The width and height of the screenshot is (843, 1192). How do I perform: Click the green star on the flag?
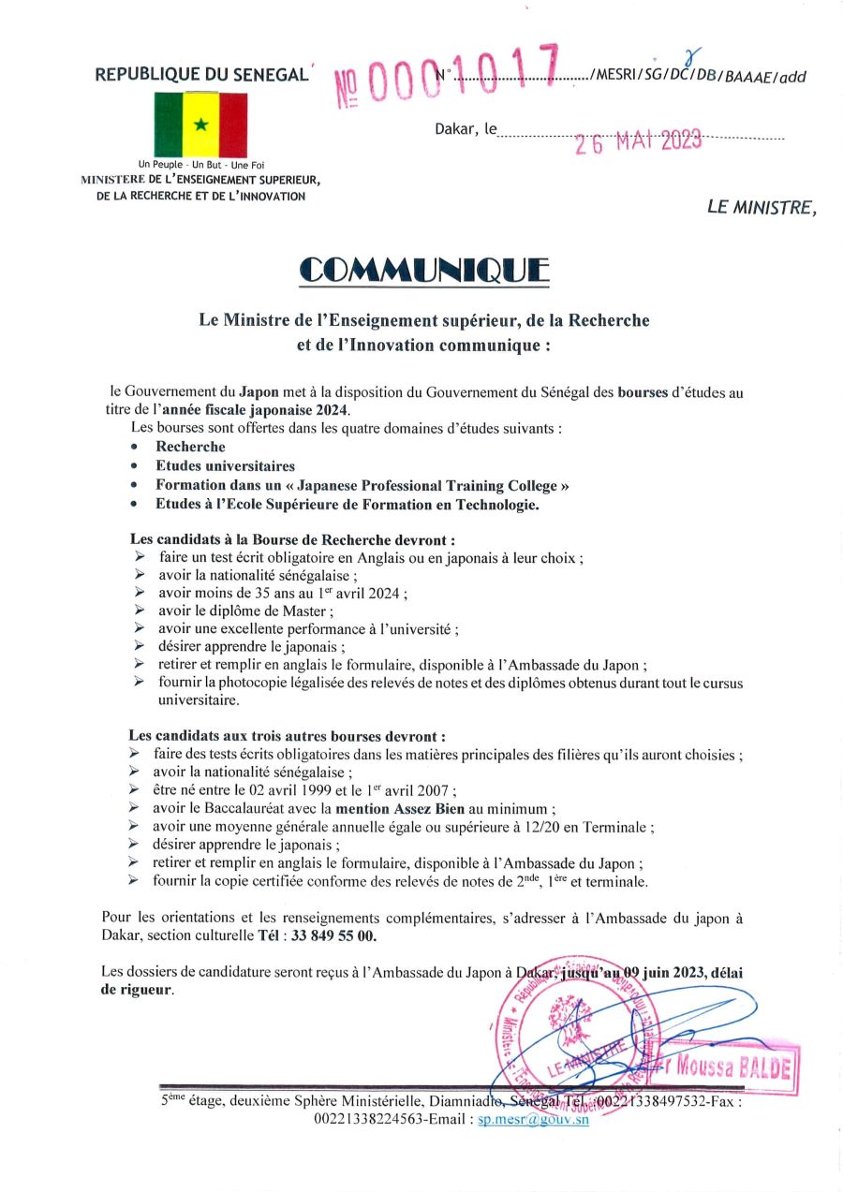pos(200,124)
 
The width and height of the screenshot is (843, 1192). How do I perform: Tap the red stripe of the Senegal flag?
pos(232,125)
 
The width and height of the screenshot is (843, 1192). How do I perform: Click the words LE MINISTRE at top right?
pos(762,208)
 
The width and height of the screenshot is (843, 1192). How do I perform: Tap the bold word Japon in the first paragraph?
pos(259,393)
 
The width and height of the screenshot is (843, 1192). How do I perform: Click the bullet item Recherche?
pos(190,447)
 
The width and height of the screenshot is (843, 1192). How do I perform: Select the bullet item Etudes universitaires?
pos(225,465)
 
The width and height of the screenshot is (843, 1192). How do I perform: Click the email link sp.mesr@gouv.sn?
pos(533,1120)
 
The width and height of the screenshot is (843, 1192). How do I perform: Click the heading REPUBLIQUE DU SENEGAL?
pos(201,75)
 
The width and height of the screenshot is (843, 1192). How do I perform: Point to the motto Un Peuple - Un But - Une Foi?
pos(201,166)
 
